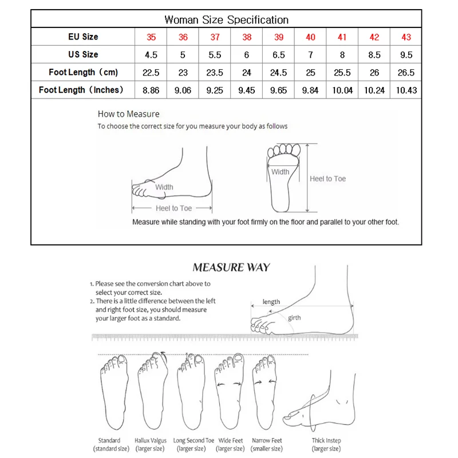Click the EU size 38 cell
pos(246,37)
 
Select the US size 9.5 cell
pos(406,55)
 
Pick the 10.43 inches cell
pos(406,90)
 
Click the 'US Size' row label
pos(82,55)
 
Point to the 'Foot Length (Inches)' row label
pos(81,90)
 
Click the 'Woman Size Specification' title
pos(226,19)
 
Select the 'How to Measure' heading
pos(128,114)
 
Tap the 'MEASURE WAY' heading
pos(231,267)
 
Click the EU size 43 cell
pos(406,37)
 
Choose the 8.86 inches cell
pos(151,90)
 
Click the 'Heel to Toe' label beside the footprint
pos(327,179)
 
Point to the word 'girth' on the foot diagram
pos(294,318)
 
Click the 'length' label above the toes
pos(271,302)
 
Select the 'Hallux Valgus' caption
pos(151,441)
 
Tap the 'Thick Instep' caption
pos(327,441)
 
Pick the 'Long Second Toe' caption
pos(194,441)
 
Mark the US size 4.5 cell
pos(151,55)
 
